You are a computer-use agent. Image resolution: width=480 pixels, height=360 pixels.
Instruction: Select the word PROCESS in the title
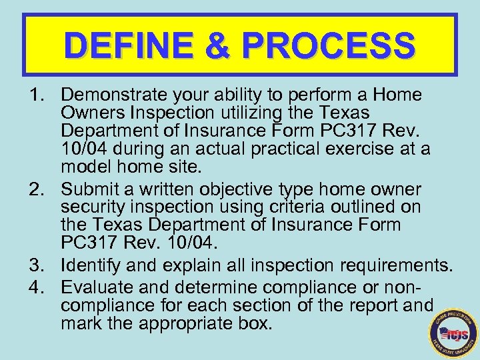[329, 46]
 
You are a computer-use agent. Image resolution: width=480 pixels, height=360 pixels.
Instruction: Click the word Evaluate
[93, 287]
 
